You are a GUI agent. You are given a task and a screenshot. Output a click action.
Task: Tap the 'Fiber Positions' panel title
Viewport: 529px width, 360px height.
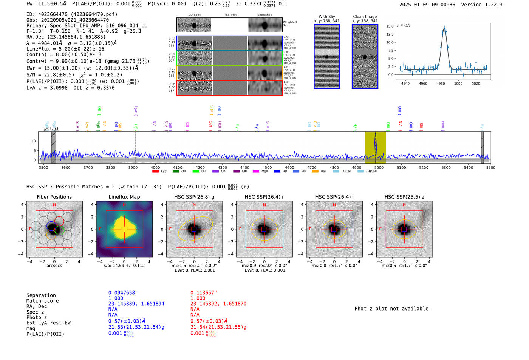(54, 197)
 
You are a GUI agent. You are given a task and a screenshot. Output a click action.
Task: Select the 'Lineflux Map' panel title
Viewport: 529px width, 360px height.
(124, 197)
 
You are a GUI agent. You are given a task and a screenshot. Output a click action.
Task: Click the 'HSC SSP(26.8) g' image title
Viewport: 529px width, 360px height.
(194, 197)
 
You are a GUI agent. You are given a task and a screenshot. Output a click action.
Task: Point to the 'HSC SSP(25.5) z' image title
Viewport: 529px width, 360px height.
(404, 197)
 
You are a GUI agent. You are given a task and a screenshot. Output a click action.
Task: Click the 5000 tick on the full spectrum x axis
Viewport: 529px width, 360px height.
(379, 167)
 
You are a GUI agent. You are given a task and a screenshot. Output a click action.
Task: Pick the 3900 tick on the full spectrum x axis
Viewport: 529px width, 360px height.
(133, 167)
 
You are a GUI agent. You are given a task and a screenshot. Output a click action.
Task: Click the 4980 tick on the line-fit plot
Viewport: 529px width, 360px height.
(441, 83)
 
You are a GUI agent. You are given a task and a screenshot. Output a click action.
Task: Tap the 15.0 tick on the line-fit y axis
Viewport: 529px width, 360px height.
(390, 26)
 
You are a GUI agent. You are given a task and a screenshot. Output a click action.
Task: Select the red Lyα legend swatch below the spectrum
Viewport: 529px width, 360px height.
(155, 171)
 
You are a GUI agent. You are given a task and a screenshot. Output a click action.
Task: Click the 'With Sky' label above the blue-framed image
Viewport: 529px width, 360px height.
(327, 17)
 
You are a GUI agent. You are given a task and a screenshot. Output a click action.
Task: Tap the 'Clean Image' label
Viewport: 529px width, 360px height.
(365, 17)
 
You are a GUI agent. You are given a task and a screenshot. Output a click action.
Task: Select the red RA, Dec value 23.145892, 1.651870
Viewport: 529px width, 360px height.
(218, 304)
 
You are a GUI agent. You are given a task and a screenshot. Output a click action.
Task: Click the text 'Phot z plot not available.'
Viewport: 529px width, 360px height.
(393, 309)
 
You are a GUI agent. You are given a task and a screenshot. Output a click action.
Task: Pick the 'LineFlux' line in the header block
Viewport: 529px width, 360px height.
(65, 49)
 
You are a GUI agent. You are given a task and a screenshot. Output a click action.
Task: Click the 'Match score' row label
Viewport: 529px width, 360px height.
(42, 301)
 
